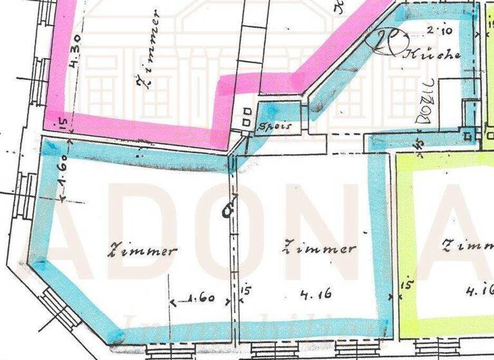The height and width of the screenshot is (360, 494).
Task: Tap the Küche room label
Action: point(432,55)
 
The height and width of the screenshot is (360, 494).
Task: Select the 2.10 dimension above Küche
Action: point(436,30)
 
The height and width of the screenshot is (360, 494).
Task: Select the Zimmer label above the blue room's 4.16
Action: point(320,248)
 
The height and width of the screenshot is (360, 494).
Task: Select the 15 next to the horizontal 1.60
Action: point(245,290)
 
